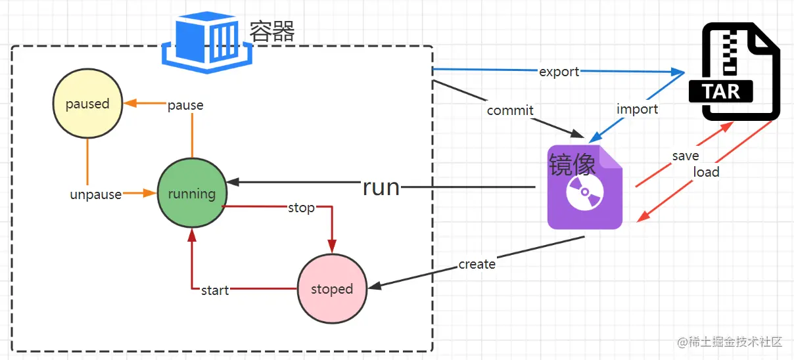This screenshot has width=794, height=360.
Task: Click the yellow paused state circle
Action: [x=87, y=103]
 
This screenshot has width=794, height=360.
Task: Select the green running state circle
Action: [x=192, y=192]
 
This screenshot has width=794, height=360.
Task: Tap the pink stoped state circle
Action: [x=332, y=289]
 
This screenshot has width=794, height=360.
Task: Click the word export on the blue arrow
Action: [x=559, y=72]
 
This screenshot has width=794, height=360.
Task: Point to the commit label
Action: [x=510, y=110]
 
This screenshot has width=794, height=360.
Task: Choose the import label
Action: [x=638, y=109]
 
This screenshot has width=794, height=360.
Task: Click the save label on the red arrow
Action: [x=686, y=156]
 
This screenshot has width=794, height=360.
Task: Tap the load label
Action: [x=706, y=172]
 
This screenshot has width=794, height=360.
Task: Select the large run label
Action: [x=381, y=187]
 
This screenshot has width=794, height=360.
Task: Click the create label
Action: [x=477, y=264]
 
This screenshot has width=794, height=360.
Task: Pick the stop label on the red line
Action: [x=301, y=208]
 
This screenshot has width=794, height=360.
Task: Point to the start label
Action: [x=215, y=290]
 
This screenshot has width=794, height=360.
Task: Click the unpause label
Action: [x=96, y=195]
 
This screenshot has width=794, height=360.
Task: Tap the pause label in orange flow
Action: [x=185, y=105]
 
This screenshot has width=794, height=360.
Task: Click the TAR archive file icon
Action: [x=734, y=72]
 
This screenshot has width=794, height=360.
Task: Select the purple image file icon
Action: [x=585, y=187]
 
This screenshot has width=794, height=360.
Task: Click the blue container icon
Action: [x=207, y=42]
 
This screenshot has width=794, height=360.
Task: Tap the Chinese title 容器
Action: [x=272, y=31]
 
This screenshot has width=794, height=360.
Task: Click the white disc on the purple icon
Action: [x=585, y=192]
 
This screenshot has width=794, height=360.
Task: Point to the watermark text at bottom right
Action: [x=730, y=342]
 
